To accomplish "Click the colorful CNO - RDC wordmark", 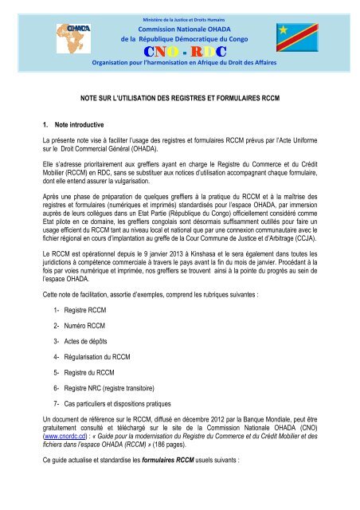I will (x=179, y=52).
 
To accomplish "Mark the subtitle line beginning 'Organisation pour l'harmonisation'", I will (x=179, y=67).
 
